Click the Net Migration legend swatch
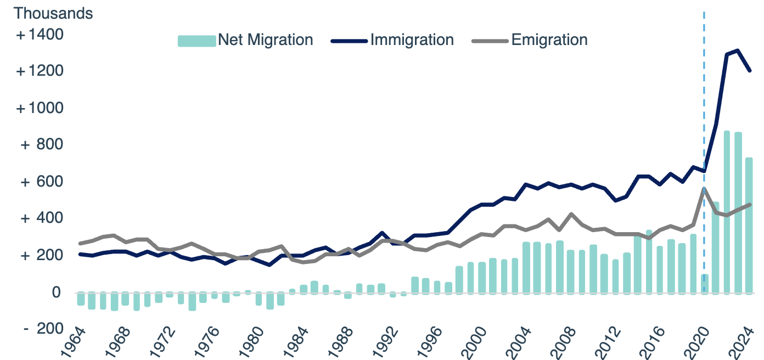click(196, 41)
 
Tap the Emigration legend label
click(549, 40)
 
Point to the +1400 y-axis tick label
click(40, 35)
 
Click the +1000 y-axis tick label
click(40, 108)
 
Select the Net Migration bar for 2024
click(749, 225)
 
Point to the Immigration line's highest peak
click(737, 50)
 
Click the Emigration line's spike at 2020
click(704, 189)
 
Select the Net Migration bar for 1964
click(81, 299)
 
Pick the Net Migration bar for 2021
click(715, 247)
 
